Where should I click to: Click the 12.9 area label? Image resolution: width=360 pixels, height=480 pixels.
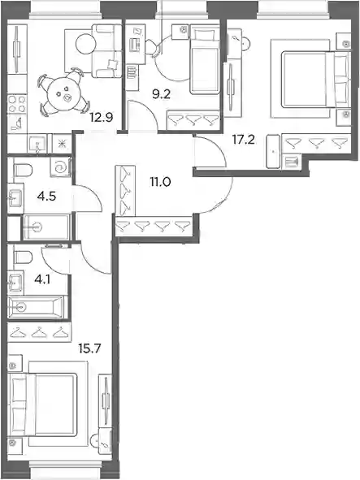tap(102, 117)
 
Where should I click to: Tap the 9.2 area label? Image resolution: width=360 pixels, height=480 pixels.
tap(161, 94)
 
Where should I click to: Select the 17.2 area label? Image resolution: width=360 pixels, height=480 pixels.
tap(243, 140)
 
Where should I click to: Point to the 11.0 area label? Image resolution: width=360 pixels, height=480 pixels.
tap(160, 182)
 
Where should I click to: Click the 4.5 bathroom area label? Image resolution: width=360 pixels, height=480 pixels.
tap(46, 196)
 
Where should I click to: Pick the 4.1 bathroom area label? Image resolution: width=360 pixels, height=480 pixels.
tap(42, 279)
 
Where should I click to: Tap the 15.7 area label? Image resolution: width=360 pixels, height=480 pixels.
tap(89, 348)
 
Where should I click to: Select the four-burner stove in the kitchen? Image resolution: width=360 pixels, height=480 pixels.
tap(17, 105)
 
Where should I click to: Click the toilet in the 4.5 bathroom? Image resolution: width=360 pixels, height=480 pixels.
tap(24, 170)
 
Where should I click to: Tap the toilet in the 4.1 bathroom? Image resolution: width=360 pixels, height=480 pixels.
tap(24, 257)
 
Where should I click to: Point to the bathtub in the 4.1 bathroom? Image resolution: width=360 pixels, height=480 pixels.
tap(36, 306)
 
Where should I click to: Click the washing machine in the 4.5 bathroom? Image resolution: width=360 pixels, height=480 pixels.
tap(60, 166)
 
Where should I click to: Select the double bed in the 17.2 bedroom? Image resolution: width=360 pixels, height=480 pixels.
tap(316, 80)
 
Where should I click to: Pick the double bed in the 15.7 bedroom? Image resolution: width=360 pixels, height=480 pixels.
tap(42, 404)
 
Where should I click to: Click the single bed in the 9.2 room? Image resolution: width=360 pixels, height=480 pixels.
tap(204, 59)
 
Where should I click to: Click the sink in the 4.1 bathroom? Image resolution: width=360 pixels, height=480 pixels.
tap(15, 283)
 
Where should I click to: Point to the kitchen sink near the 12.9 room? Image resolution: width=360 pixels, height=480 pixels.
tap(37, 144)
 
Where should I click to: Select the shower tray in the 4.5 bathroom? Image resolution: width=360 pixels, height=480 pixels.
tap(46, 227)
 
